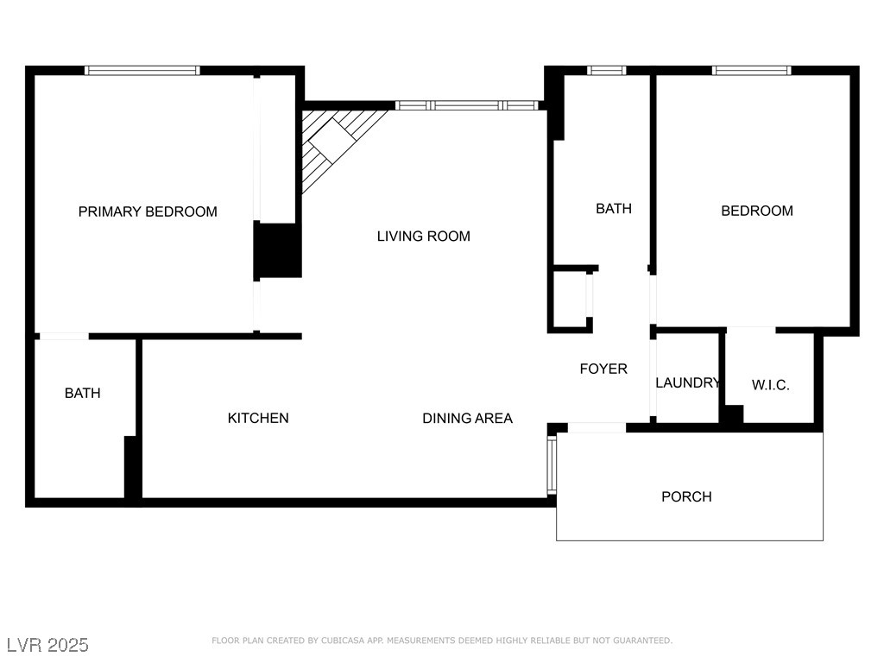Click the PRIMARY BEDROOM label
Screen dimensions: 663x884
[148, 212]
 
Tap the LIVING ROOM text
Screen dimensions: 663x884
[423, 236]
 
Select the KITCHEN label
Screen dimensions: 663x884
[258, 418]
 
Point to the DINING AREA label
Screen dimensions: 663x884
[467, 418]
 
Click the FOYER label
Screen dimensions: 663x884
[603, 369]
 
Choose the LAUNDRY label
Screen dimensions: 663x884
[687, 382]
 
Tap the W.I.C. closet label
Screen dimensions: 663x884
[770, 385]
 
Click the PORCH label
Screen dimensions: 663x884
[686, 496]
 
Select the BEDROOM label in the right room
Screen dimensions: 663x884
[756, 211]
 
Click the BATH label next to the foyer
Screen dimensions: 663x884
[614, 208]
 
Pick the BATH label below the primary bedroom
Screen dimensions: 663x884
[82, 393]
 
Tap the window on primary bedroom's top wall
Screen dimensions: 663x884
[142, 71]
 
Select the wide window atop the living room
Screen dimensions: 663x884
[466, 105]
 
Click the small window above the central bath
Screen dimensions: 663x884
[606, 71]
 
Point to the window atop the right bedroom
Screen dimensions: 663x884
[751, 71]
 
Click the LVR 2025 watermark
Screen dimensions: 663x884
[47, 645]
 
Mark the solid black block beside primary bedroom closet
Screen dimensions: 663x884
[277, 250]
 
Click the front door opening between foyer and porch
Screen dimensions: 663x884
[597, 427]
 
